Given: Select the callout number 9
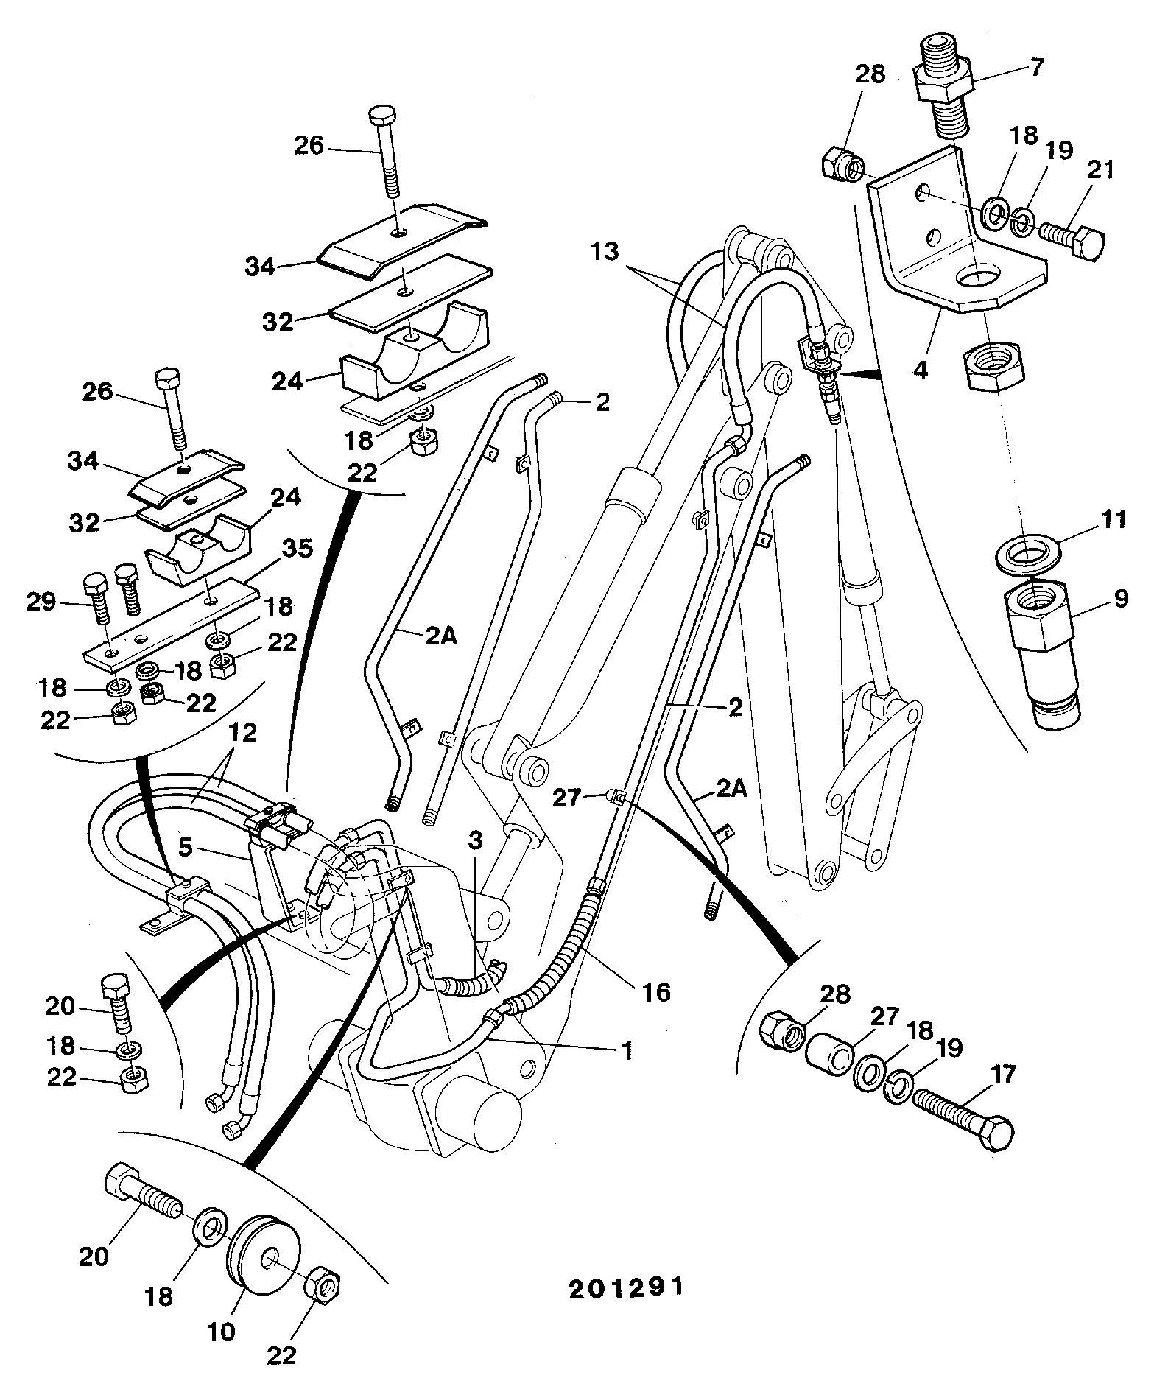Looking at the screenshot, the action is click(1120, 599).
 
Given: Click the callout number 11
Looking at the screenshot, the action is click(1113, 520).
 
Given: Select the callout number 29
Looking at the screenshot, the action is click(41, 602).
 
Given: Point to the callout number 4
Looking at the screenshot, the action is click(921, 369).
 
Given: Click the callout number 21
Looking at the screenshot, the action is click(1101, 170).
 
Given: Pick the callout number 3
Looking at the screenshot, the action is click(476, 839).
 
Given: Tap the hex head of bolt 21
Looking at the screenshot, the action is click(1089, 243).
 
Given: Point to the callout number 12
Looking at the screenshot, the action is click(244, 733).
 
